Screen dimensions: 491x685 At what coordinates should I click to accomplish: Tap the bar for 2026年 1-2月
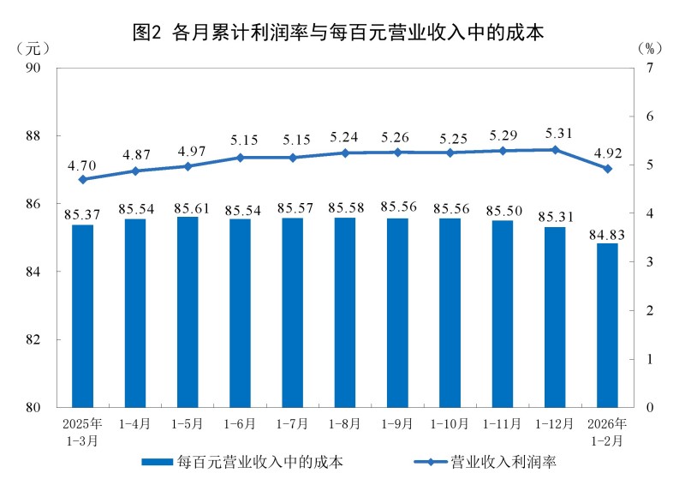point(607,325)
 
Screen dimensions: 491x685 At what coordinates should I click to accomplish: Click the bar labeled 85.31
point(555,316)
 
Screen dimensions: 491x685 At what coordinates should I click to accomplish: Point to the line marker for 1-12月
point(555,150)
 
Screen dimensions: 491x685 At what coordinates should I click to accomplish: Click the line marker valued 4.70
point(82,180)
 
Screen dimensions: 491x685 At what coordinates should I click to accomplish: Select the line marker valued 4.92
point(607,169)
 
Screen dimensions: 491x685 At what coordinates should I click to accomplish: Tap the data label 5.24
point(345,137)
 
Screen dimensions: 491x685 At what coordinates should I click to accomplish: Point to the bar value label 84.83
point(607,233)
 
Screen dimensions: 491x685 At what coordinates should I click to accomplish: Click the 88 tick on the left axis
point(40,135)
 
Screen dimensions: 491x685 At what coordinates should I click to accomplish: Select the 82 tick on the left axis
point(40,339)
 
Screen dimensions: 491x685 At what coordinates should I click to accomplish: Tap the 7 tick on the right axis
point(650,67)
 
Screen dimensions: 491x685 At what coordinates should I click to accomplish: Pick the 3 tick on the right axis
point(650,261)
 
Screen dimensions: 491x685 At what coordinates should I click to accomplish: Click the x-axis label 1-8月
point(345,424)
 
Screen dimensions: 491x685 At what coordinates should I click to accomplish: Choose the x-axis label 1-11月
point(503,424)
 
